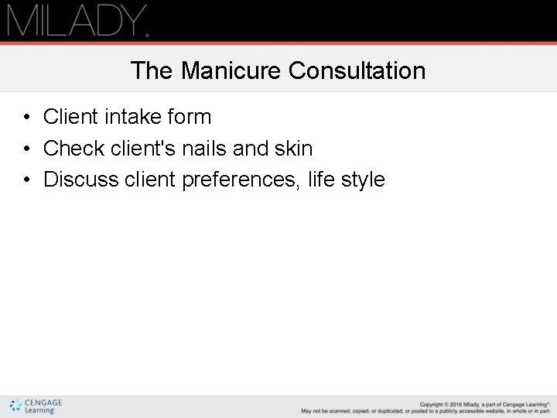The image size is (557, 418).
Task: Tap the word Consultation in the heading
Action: tap(357, 71)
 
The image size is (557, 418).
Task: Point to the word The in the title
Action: tap(152, 71)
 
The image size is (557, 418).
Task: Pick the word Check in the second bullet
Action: tap(74, 148)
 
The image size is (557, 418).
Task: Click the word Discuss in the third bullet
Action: tap(81, 180)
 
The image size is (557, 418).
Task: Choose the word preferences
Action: tap(241, 180)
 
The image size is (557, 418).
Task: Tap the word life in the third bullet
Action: tap(320, 180)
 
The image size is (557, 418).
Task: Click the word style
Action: tap(362, 180)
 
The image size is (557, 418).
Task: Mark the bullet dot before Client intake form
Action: tap(26, 118)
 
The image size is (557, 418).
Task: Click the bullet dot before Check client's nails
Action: tap(26, 149)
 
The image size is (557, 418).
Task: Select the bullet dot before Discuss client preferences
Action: tap(26, 180)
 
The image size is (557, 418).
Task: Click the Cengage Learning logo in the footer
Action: tap(36, 406)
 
